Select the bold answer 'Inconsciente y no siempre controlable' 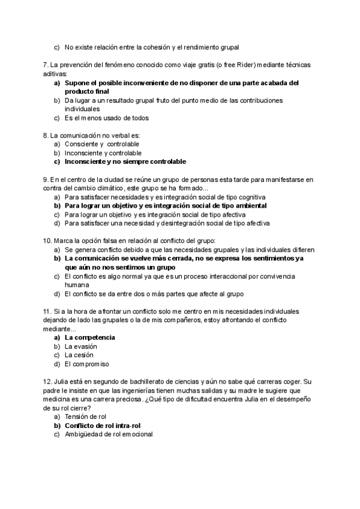(125, 161)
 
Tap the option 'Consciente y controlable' (102, 144)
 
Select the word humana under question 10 (76, 285)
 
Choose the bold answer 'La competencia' (89, 337)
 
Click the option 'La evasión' (80, 346)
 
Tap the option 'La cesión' (78, 355)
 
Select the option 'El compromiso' (86, 364)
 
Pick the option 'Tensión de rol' (89, 417)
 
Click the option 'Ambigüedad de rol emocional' (108, 434)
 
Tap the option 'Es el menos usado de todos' (106, 118)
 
